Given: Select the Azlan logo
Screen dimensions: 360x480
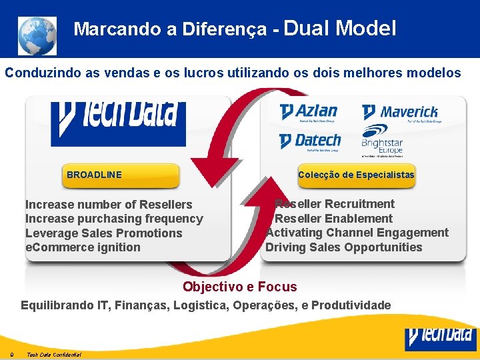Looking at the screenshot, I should pyautogui.click(x=308, y=112).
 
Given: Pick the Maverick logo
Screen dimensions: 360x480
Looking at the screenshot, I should pyautogui.click(x=400, y=113).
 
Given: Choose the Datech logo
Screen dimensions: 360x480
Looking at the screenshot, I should pyautogui.click(x=309, y=141).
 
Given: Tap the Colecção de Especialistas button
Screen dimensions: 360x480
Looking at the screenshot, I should pyautogui.click(x=356, y=175).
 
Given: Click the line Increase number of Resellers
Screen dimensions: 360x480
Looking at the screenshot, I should pyautogui.click(x=109, y=205).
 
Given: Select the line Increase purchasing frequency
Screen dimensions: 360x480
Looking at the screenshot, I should pyautogui.click(x=114, y=219).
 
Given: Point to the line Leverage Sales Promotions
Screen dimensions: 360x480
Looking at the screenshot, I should pyautogui.click(x=103, y=233).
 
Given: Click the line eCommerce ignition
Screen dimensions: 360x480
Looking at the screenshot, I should pyautogui.click(x=83, y=247).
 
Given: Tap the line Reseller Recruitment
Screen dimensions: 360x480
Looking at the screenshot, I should pyautogui.click(x=335, y=204).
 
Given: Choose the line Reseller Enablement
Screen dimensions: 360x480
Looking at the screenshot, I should pyautogui.click(x=333, y=219).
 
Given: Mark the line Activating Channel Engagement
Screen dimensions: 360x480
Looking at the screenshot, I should pyautogui.click(x=357, y=233).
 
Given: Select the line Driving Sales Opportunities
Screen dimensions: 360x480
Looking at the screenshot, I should pyautogui.click(x=343, y=247).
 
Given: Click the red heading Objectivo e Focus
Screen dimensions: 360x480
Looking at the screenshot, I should pyautogui.click(x=239, y=287).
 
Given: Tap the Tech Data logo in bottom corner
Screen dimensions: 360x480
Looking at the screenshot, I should pyautogui.click(x=441, y=338).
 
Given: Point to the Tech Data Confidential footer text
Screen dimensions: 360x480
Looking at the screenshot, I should pyautogui.click(x=54, y=355).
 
